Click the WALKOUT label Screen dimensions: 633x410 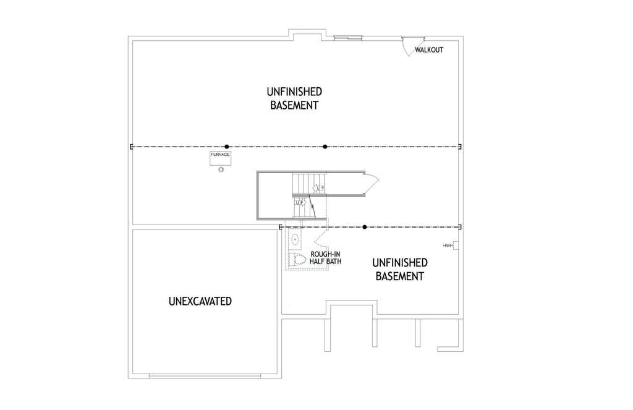click(x=429, y=50)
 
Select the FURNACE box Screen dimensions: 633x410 click(x=221, y=158)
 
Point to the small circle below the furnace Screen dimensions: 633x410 click(x=221, y=169)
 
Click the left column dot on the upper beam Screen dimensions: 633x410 click(x=226, y=147)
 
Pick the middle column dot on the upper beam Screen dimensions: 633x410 click(x=325, y=147)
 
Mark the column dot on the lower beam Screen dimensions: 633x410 click(x=365, y=227)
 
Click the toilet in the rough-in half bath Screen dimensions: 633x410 click(x=297, y=260)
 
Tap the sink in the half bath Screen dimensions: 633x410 click(x=295, y=239)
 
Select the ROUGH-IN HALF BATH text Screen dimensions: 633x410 click(x=325, y=258)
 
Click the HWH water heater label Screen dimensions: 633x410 click(x=448, y=246)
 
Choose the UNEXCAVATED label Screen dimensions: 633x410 click(x=200, y=301)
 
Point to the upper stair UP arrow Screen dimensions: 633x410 click(x=318, y=188)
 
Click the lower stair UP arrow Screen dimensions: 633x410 click(x=300, y=203)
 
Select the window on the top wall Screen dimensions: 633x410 click(x=347, y=38)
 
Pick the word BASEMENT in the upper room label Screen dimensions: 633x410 click(x=294, y=105)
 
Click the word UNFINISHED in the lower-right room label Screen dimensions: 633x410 click(x=400, y=263)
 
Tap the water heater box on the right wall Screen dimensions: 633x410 click(x=456, y=246)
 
